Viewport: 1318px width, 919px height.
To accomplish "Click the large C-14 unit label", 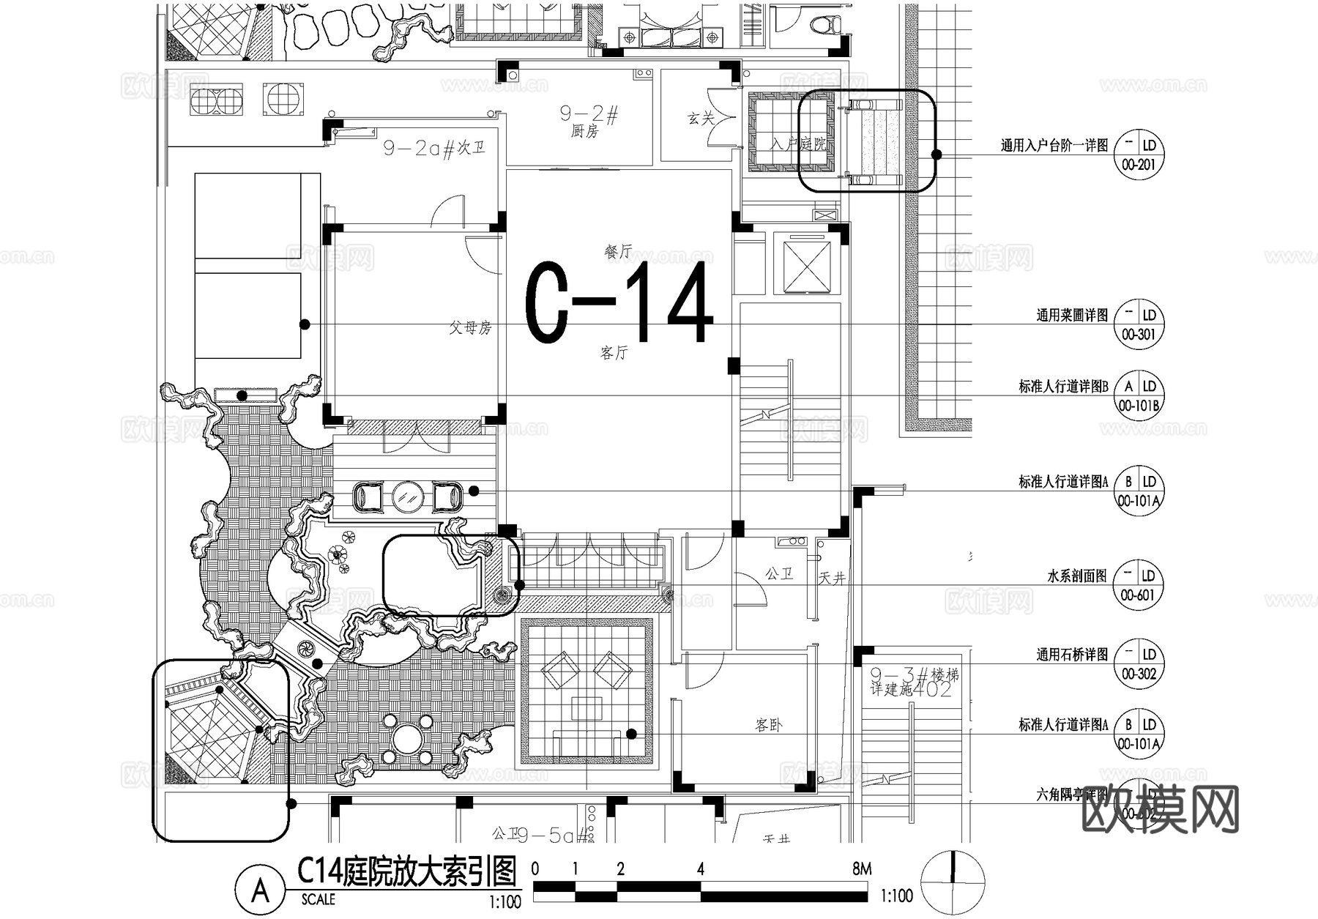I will [619, 302].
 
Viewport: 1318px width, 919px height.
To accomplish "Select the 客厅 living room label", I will [614, 353].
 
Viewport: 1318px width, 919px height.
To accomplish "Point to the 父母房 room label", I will [470, 328].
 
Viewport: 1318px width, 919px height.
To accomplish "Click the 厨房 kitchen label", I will [584, 132].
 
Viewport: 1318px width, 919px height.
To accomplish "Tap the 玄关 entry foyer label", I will [701, 118].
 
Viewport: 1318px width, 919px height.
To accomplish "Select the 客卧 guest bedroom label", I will [768, 726].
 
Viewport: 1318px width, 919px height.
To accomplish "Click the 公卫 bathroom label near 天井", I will [779, 574].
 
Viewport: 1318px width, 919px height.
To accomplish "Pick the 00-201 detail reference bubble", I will [1138, 156].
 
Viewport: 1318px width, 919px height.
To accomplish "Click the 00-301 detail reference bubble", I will [1138, 325].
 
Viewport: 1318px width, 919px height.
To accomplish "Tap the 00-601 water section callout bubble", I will [1138, 586].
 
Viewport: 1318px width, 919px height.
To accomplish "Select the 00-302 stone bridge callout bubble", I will [1138, 664].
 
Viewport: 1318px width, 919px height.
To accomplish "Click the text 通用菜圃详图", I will [1072, 316].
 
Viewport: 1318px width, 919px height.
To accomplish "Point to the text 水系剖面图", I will [1077, 576].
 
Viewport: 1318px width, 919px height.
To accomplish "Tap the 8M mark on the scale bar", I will [862, 869].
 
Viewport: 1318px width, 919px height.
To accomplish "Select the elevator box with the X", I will [806, 264].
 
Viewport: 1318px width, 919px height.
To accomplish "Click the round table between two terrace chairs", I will [407, 497].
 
